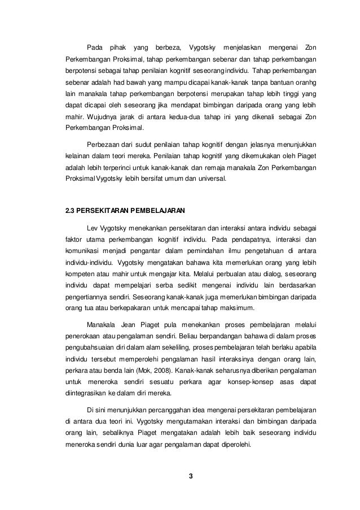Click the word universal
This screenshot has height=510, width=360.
click(210, 181)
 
